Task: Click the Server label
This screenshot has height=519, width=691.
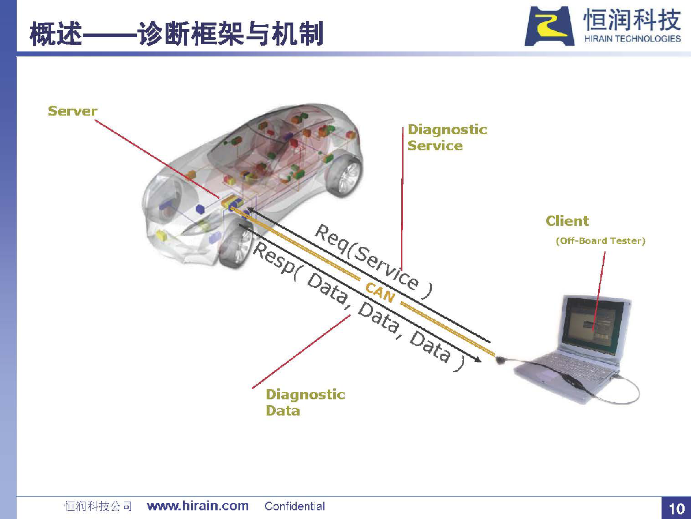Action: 72,111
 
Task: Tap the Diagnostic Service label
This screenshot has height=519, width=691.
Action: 447,137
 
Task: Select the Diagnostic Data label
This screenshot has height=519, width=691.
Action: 305,402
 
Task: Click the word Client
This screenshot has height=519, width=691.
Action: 567,221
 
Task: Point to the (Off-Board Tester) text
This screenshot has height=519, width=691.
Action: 600,240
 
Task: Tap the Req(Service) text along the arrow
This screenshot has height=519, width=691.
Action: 373,262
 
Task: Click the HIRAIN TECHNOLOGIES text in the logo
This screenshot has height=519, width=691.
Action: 632,39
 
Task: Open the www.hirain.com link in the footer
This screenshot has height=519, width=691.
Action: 198,506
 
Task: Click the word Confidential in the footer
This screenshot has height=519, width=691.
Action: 295,506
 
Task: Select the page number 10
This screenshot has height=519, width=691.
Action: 677,509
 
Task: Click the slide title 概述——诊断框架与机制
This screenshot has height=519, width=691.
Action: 176,34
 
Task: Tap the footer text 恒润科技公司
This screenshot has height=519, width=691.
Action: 98,506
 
